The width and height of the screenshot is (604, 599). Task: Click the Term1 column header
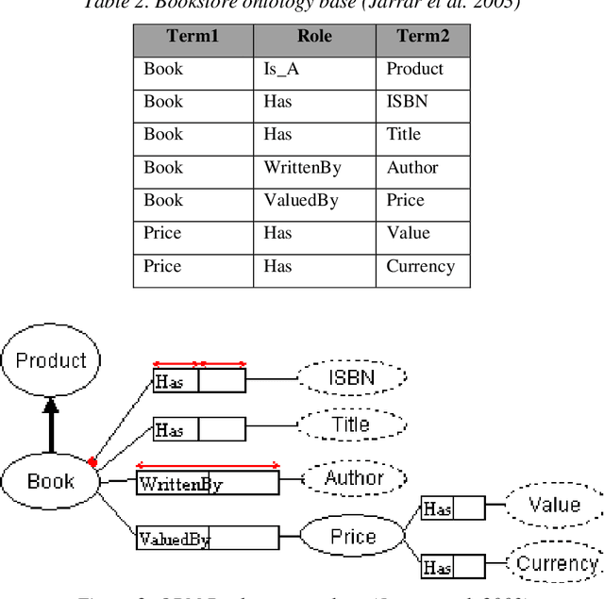point(193,37)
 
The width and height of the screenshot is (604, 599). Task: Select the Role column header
point(314,37)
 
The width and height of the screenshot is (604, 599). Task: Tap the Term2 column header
point(422,37)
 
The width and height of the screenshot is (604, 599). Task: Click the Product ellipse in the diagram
point(51,360)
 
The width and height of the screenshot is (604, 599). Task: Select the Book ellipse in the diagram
point(51,481)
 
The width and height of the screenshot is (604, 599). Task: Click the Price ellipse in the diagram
point(352,537)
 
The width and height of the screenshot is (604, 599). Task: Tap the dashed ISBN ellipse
point(351,378)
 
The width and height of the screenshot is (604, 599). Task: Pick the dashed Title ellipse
point(350,425)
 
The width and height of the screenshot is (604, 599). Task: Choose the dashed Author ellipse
point(354,478)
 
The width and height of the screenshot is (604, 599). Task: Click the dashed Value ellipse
point(554,505)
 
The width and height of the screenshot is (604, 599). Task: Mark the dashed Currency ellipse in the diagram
point(557,564)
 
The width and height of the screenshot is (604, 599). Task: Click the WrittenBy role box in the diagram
point(208,484)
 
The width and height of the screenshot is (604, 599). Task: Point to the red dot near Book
point(92,462)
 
